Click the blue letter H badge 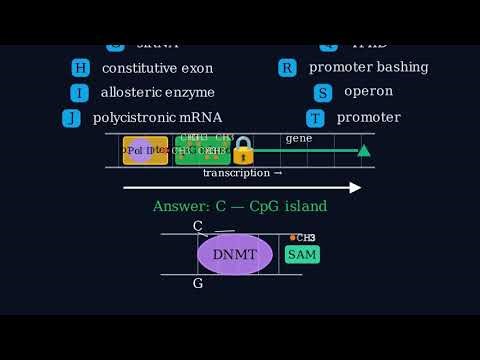[80, 68]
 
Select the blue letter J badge [71, 118]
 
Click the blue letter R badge [287, 68]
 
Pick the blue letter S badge [322, 93]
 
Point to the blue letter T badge [315, 118]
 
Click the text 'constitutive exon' [157, 68]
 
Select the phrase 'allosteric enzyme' [157, 92]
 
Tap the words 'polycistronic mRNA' [157, 117]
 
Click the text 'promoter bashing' [368, 67]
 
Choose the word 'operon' [368, 91]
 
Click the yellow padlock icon [243, 151]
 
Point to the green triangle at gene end [364, 150]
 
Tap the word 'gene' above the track [298, 138]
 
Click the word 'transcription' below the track [236, 173]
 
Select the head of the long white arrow [356, 187]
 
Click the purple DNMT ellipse [235, 254]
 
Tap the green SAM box [302, 254]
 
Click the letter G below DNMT [198, 283]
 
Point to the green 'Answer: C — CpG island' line [239, 206]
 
